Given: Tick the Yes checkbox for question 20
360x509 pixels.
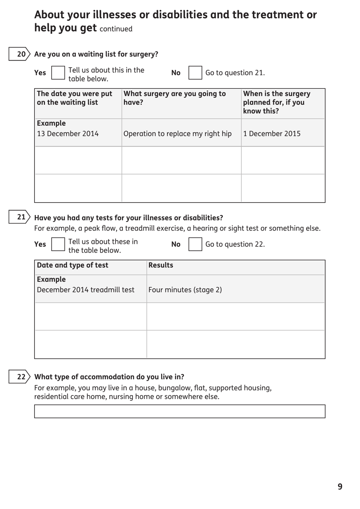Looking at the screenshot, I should point(58,73).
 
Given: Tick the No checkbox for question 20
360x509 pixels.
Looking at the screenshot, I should point(195,73).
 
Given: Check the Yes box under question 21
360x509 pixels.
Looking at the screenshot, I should point(58,244).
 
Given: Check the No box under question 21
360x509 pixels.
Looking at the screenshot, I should point(195,244).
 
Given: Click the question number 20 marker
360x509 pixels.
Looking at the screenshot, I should point(19,54).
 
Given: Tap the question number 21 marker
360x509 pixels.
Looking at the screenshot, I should point(19,217).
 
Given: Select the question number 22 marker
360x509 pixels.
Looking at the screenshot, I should point(19,377).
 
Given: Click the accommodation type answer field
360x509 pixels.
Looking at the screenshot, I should point(180,412).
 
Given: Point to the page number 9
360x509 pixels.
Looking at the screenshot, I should point(340,487).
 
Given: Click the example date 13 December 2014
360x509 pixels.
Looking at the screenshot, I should point(68,134).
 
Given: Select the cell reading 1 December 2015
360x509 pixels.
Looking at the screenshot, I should point(272,134).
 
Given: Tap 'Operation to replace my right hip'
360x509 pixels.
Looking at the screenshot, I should point(177,134).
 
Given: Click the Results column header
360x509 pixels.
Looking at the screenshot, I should point(161,265).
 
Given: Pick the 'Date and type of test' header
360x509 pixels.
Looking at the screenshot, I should point(72,265).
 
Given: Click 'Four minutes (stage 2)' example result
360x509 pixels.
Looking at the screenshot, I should point(185,290).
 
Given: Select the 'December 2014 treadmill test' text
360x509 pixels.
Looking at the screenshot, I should point(86,290).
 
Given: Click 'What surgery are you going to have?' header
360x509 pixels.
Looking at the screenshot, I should point(175,98).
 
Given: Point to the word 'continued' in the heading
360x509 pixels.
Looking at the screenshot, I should point(116,29).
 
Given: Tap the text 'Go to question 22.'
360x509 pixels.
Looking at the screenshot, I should point(235,244).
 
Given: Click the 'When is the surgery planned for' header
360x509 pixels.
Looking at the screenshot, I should point(277,102).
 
